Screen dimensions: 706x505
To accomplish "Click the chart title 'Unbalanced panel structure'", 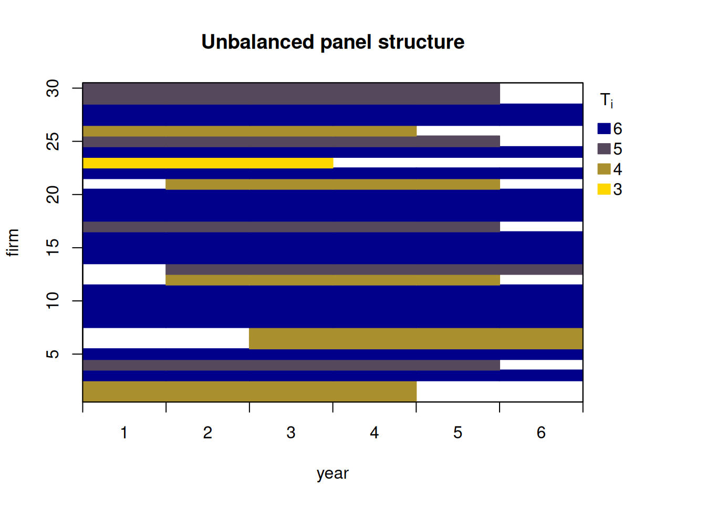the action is [333, 42].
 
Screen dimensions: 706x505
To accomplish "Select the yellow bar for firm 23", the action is [208, 163].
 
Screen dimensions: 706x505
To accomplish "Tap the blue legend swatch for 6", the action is [604, 129].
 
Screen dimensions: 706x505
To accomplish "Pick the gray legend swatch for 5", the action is [604, 149].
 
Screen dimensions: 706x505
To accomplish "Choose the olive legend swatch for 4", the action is [604, 169].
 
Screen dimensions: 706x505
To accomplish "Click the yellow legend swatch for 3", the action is [604, 189].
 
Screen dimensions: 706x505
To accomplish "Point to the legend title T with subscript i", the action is [606, 100].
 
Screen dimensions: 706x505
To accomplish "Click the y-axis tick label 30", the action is [53, 88].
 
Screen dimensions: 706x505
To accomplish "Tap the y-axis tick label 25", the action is [53, 142].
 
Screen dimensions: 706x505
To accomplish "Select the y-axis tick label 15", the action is [53, 248].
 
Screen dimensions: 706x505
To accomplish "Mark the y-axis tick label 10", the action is [53, 301].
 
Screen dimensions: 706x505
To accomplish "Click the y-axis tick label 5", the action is [53, 354].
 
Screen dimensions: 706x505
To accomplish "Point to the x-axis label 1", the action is [124, 433].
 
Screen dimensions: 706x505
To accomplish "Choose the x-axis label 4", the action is [375, 433].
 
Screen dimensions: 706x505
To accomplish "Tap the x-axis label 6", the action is [541, 433].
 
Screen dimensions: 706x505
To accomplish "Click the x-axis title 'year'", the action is [333, 474].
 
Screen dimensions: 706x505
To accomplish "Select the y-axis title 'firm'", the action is [13, 243].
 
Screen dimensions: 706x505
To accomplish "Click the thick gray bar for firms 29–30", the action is [291, 94].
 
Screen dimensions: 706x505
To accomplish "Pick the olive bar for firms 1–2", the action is [250, 391].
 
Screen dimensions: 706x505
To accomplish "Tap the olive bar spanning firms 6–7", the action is [416, 338].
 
